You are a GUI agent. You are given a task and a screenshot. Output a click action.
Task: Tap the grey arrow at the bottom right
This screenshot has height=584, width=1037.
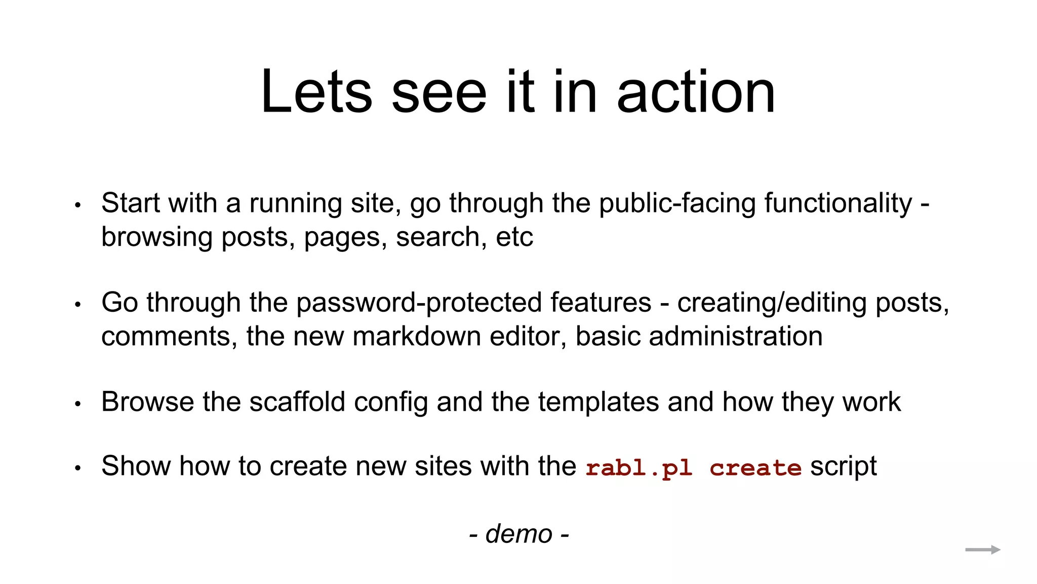pyautogui.click(x=982, y=550)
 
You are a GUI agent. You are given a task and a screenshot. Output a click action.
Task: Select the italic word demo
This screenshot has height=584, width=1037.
pyautogui.click(x=518, y=534)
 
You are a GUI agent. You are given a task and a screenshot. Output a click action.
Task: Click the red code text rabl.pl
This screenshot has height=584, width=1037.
pyautogui.click(x=639, y=467)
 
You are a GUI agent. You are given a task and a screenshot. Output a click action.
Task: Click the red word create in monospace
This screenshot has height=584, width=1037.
pyautogui.click(x=755, y=467)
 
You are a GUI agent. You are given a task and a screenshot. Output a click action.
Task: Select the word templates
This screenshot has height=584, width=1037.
pyautogui.click(x=598, y=402)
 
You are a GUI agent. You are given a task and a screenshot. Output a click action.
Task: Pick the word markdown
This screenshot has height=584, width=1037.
pyautogui.click(x=416, y=337)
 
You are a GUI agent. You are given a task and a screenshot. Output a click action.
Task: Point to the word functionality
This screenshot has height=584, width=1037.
pyautogui.click(x=837, y=203)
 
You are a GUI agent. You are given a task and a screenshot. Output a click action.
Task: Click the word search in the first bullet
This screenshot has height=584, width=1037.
pyautogui.click(x=437, y=237)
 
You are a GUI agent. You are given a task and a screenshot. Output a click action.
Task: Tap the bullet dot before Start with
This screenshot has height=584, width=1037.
pyautogui.click(x=77, y=205)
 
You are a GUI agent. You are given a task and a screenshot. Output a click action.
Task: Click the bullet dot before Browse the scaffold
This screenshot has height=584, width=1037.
pyautogui.click(x=77, y=404)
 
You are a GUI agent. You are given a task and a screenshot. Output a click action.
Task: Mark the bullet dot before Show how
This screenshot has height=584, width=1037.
pyautogui.click(x=77, y=468)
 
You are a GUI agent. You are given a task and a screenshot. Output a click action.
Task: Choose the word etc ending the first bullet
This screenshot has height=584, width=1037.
pyautogui.click(x=514, y=237)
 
